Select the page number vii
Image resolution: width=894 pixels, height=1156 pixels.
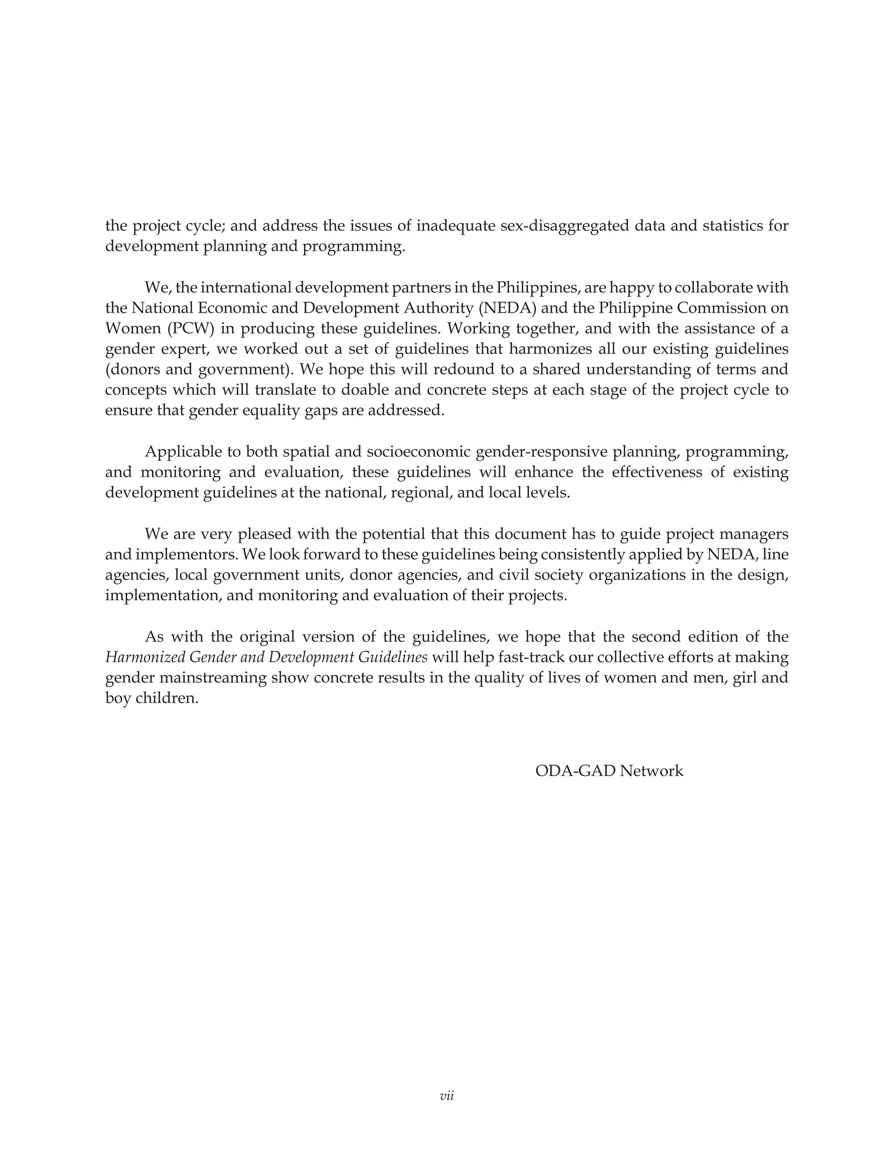(x=447, y=1096)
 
